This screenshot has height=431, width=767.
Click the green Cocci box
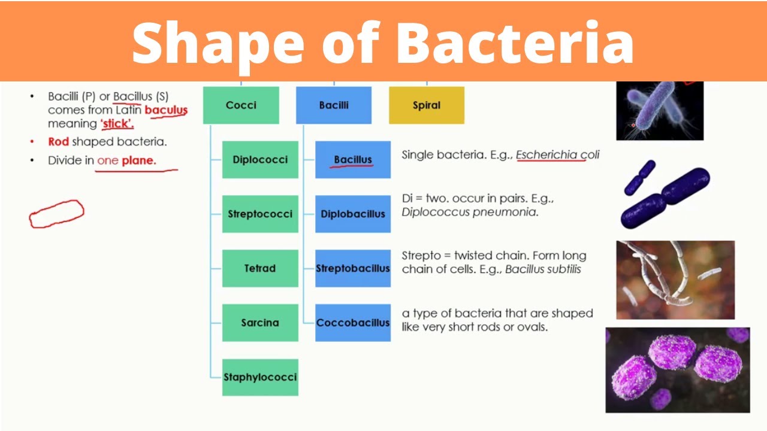pos(241,105)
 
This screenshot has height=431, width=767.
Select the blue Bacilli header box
pos(334,105)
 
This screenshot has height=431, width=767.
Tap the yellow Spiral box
pos(427,105)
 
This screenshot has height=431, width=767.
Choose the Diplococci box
pos(260,160)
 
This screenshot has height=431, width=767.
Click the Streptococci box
pos(260,214)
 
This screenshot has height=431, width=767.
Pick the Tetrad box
pos(260,268)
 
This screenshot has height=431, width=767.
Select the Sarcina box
pos(260,323)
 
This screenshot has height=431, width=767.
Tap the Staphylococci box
pos(260,377)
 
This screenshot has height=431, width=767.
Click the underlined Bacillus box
pos(353,160)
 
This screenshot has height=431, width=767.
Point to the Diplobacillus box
pos(353,214)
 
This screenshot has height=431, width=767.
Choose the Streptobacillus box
pos(353,268)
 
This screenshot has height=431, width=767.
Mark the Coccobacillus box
pos(353,323)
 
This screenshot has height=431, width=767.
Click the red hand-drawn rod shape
pos(57,214)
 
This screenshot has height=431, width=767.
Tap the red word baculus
pos(166,110)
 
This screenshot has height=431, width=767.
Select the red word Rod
pos(59,142)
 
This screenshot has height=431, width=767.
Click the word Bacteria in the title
pos(515,42)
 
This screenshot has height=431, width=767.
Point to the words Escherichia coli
pos(557,155)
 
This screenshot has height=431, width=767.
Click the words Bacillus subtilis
pos(543,269)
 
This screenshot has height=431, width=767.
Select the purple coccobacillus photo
pos(678,369)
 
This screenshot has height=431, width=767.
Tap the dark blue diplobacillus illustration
pos(665,195)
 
